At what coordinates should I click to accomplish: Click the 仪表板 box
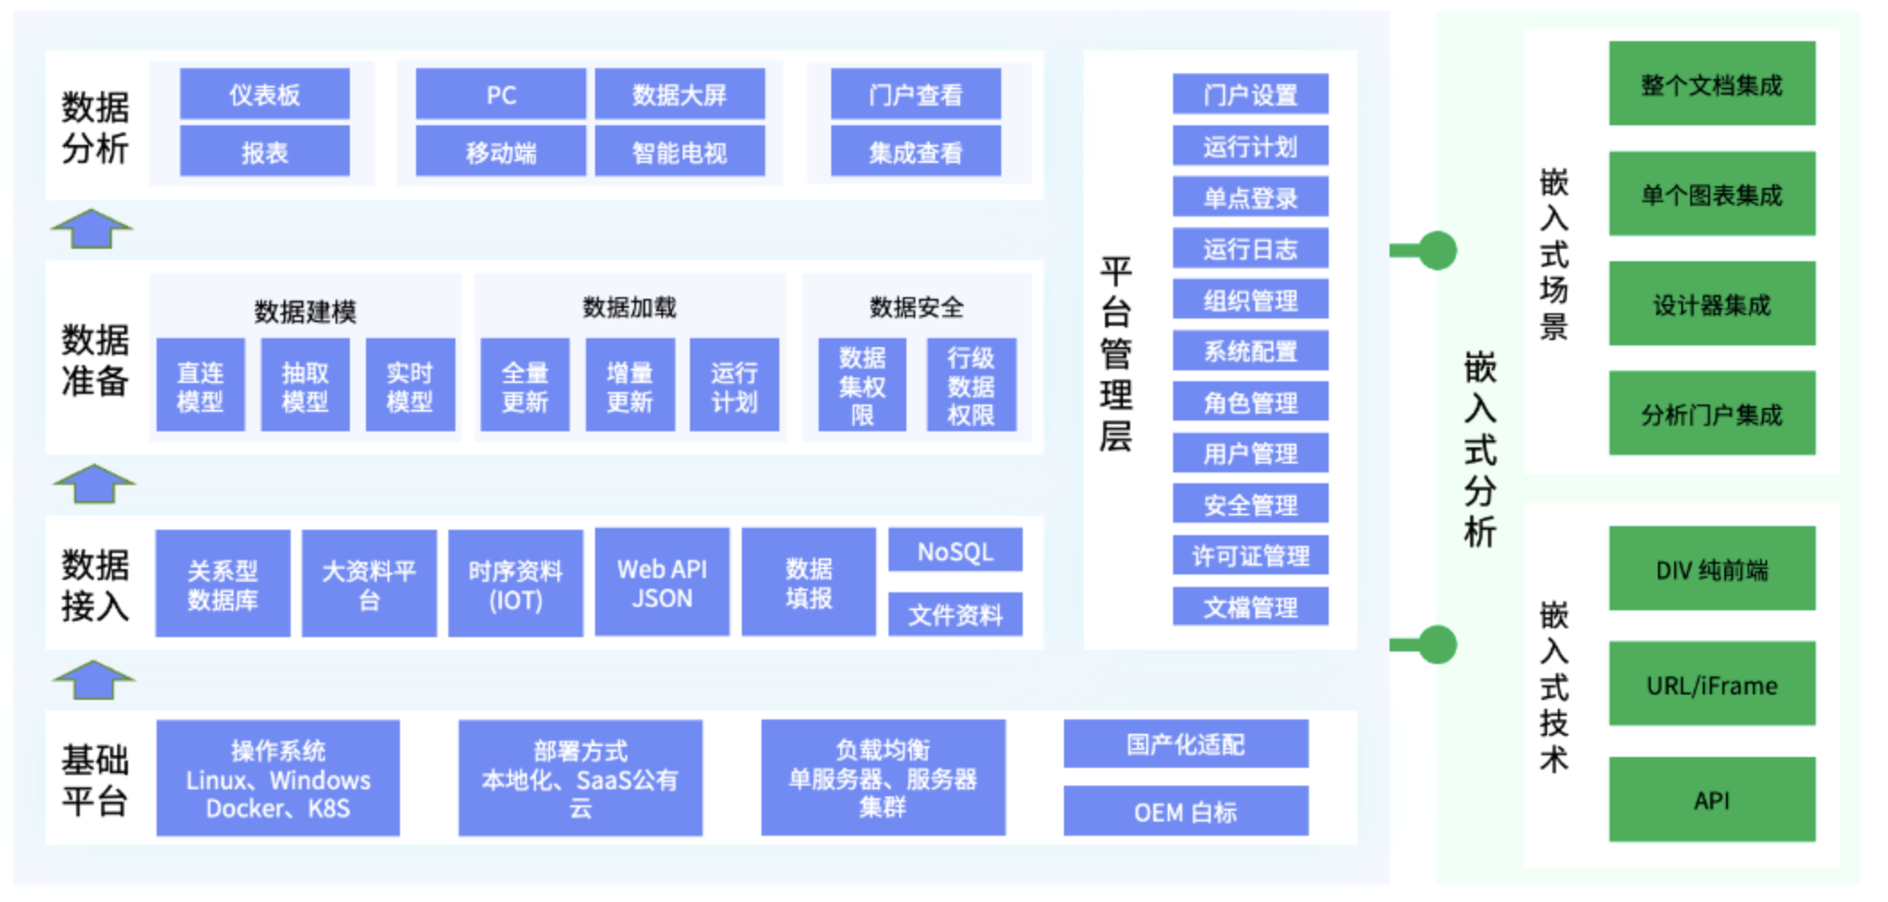point(264,94)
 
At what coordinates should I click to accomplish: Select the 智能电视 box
point(679,152)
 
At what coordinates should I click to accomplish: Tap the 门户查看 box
point(914,94)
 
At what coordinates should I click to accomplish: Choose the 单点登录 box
point(1249,198)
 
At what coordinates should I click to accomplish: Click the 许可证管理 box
point(1249,557)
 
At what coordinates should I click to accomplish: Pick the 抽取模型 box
point(304,386)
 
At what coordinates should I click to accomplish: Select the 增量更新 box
point(629,386)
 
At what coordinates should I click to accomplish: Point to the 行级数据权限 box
point(970,386)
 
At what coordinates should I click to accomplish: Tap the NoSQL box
point(955,551)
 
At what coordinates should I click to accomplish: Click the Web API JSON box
point(661,583)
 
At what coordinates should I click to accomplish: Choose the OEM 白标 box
point(1185,812)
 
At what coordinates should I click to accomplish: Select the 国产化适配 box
point(1185,744)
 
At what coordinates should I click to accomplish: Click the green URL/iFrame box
point(1711,685)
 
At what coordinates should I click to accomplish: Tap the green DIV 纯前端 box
point(1711,569)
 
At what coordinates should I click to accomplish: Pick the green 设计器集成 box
point(1711,304)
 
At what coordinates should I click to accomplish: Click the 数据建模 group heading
point(304,311)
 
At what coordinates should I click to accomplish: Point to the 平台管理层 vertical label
point(1116,353)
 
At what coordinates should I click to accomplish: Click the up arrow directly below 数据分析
point(91,228)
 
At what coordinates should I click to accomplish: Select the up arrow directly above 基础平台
point(93,680)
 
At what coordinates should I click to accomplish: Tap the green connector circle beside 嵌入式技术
point(1437,644)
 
